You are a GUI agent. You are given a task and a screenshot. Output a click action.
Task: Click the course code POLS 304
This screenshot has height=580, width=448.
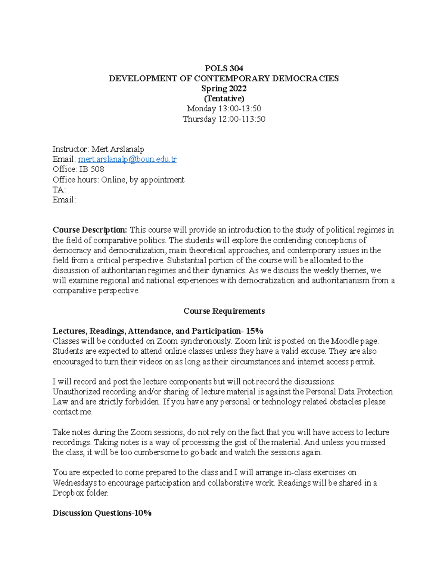(x=224, y=68)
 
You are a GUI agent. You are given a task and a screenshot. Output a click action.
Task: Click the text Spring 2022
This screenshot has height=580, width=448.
(x=224, y=89)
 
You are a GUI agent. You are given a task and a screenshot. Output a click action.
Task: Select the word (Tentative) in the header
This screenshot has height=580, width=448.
(x=224, y=99)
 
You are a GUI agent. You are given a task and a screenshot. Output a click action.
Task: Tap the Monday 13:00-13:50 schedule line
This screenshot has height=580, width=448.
(x=224, y=109)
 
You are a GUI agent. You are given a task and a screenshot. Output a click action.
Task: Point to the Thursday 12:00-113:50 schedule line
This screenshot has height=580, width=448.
(x=224, y=119)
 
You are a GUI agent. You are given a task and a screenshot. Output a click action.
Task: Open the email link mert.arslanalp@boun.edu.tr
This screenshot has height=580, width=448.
(x=127, y=159)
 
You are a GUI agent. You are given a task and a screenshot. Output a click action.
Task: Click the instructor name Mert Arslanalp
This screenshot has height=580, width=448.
(x=118, y=149)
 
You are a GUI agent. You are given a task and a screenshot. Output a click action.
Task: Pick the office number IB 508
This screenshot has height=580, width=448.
(x=91, y=169)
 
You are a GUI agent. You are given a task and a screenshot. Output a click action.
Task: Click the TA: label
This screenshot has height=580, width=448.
(x=59, y=190)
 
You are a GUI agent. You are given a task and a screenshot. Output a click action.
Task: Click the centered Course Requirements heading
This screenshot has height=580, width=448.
(x=224, y=311)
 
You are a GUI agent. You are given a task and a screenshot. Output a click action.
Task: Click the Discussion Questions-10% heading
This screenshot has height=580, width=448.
(x=102, y=513)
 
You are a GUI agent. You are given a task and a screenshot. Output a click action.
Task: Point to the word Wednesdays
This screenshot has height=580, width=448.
(x=75, y=483)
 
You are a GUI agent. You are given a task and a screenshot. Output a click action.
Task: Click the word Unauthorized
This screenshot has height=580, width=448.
(x=76, y=392)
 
